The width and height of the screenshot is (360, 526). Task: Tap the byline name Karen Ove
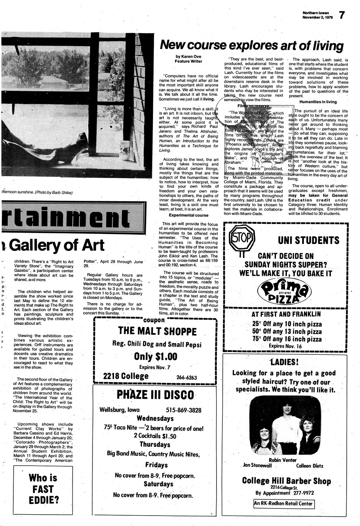[x=188, y=56]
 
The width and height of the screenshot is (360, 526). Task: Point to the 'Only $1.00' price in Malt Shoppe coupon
[x=156, y=356]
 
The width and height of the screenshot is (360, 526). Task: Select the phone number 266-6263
[x=186, y=377]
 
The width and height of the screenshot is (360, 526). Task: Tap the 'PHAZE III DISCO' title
[x=155, y=395]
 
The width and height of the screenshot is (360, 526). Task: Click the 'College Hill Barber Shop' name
[x=286, y=481]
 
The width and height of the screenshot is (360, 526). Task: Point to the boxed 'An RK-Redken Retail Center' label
[x=284, y=504]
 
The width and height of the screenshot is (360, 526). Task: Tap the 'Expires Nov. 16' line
[x=285, y=346]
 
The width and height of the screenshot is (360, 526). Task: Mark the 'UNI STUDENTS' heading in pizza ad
[x=308, y=240]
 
